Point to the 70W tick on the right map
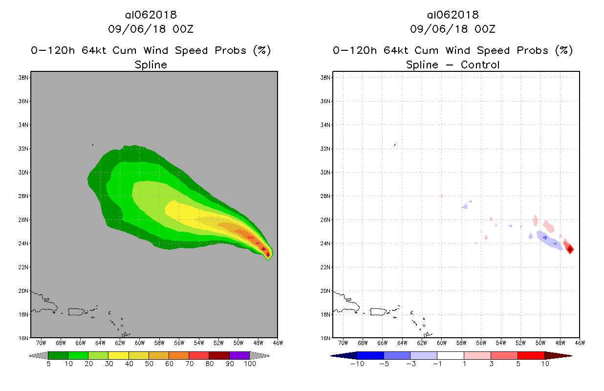tap(343, 343)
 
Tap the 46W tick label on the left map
tap(278, 343)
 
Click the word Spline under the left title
tap(151, 65)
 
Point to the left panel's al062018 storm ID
tap(151, 15)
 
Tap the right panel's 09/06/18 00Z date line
tap(453, 29)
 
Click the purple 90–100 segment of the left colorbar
tap(239, 355)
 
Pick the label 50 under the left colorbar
tap(149, 364)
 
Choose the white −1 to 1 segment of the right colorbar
tap(451, 355)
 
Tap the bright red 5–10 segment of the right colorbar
tap(531, 355)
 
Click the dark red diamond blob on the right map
tap(570, 249)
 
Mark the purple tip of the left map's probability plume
tap(268, 254)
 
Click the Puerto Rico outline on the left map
tap(77, 311)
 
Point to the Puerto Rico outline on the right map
tap(379, 311)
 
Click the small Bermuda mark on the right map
tap(395, 144)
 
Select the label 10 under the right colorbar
tap(544, 364)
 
